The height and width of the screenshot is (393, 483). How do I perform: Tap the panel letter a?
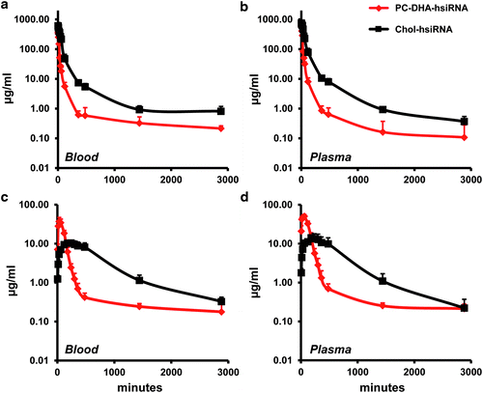[5, 7]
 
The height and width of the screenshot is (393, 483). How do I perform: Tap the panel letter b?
[246, 7]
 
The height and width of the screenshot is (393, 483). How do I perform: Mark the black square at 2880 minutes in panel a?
[221, 111]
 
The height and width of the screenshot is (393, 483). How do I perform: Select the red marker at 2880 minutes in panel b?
[465, 137]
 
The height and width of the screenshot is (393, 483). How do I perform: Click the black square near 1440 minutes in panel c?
[139, 280]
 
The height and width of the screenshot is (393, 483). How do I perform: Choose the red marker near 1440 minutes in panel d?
[383, 305]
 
